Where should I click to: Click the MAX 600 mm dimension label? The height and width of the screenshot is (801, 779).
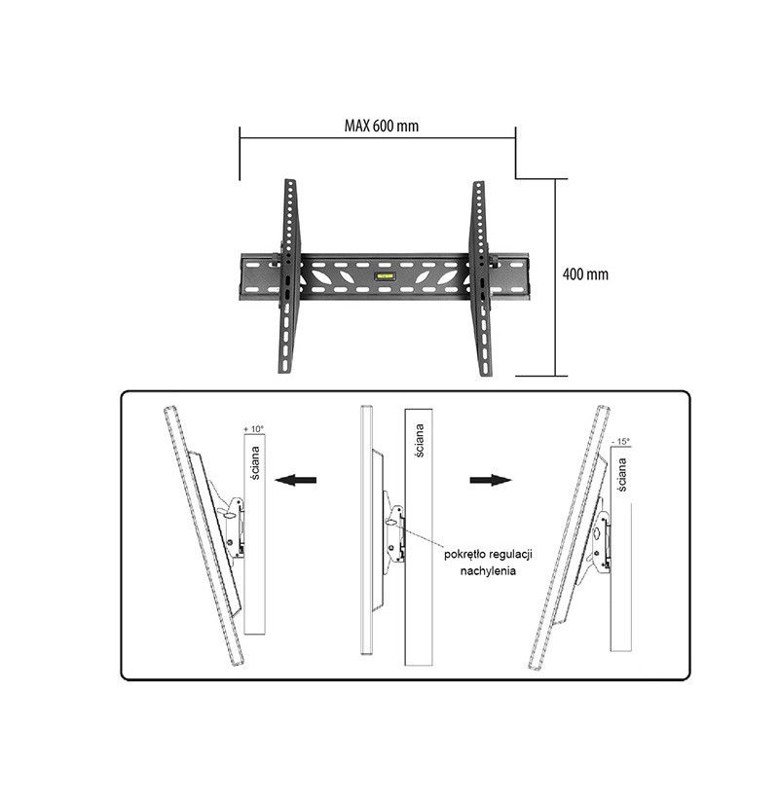[x=382, y=126]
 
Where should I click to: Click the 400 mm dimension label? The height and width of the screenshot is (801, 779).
[x=585, y=274]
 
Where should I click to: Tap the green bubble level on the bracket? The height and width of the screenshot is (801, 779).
[x=385, y=276]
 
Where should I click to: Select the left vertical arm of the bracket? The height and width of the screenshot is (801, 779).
[x=289, y=275]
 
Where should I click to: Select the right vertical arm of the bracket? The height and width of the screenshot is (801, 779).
[x=481, y=278]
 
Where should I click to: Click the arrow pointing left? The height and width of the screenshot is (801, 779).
[x=295, y=480]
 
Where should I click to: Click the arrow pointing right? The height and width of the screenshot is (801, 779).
[x=491, y=480]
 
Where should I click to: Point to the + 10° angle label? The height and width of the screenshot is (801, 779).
[x=254, y=428]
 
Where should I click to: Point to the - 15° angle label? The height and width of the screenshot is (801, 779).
[x=620, y=441]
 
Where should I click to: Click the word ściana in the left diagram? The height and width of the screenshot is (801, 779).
[x=255, y=463]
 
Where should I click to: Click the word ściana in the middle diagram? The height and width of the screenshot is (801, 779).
[x=419, y=440]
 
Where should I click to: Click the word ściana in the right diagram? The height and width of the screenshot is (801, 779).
[x=621, y=475]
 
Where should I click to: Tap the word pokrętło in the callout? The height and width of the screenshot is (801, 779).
[x=464, y=555]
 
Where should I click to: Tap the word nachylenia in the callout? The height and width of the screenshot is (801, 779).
[x=488, y=571]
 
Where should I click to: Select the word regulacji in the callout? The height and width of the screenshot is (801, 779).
[x=510, y=555]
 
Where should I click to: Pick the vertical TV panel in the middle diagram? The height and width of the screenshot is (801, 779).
[x=366, y=530]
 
